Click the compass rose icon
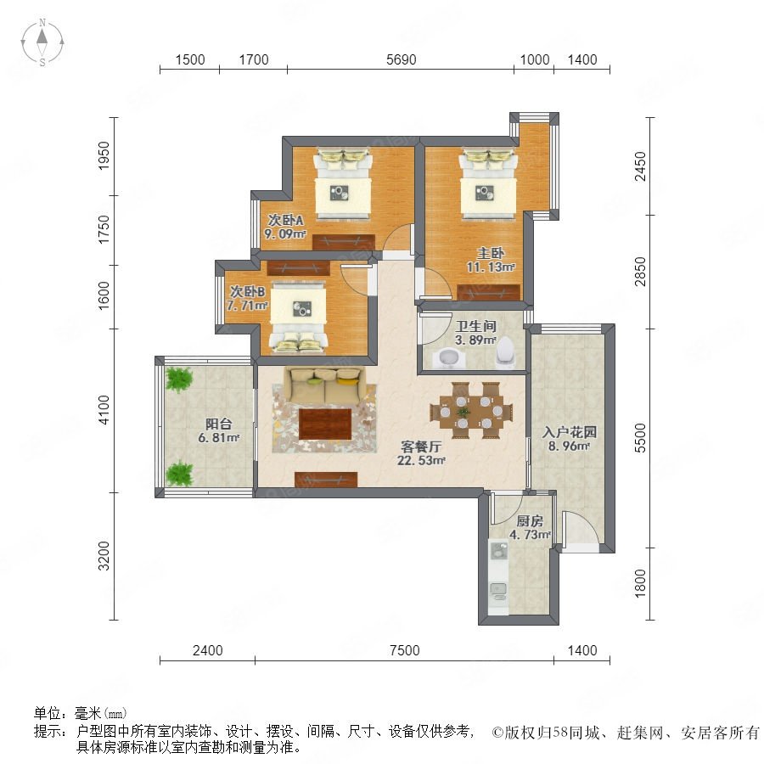pyautogui.click(x=42, y=42)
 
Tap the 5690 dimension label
pyautogui.click(x=401, y=60)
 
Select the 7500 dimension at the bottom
pyautogui.click(x=404, y=650)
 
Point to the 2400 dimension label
pyautogui.click(x=208, y=650)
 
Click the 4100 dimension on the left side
pyautogui.click(x=104, y=410)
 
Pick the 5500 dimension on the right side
pyautogui.click(x=640, y=438)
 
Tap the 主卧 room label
pyautogui.click(x=490, y=253)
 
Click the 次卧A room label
pyautogui.click(x=285, y=220)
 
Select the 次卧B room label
pyautogui.click(x=248, y=292)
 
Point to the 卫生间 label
pyautogui.click(x=475, y=326)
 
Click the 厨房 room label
pyautogui.click(x=530, y=521)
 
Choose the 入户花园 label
pyautogui.click(x=569, y=432)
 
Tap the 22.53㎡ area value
pyautogui.click(x=421, y=460)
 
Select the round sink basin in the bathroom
pyautogui.click(x=449, y=358)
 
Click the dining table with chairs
pyautogui.click(x=471, y=411)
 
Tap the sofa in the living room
pyautogui.click(x=324, y=385)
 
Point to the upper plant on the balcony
pyautogui.click(x=178, y=379)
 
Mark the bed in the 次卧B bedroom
pyautogui.click(x=298, y=317)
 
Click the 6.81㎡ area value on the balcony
pyautogui.click(x=219, y=438)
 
